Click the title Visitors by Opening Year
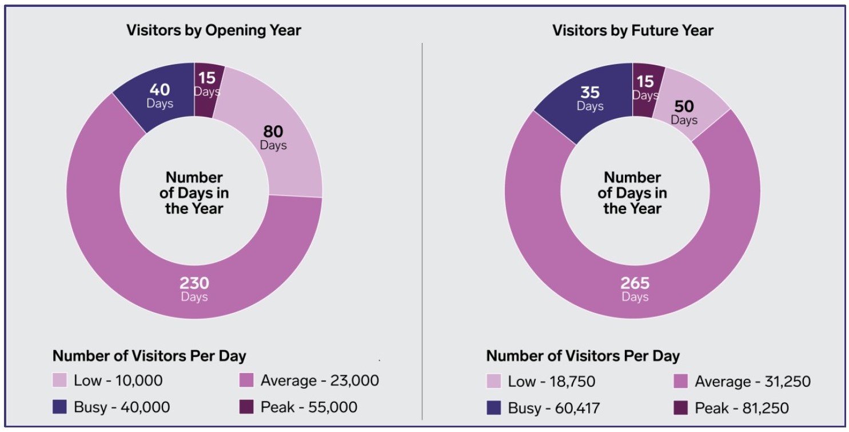click(213, 30)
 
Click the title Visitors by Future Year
click(632, 30)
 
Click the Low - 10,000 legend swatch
click(60, 381)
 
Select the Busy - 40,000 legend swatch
click(60, 407)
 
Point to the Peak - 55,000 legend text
click(309, 407)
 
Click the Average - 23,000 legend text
click(320, 381)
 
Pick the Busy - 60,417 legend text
click(554, 408)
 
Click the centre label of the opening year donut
click(194, 193)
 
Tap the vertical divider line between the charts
click(422, 229)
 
